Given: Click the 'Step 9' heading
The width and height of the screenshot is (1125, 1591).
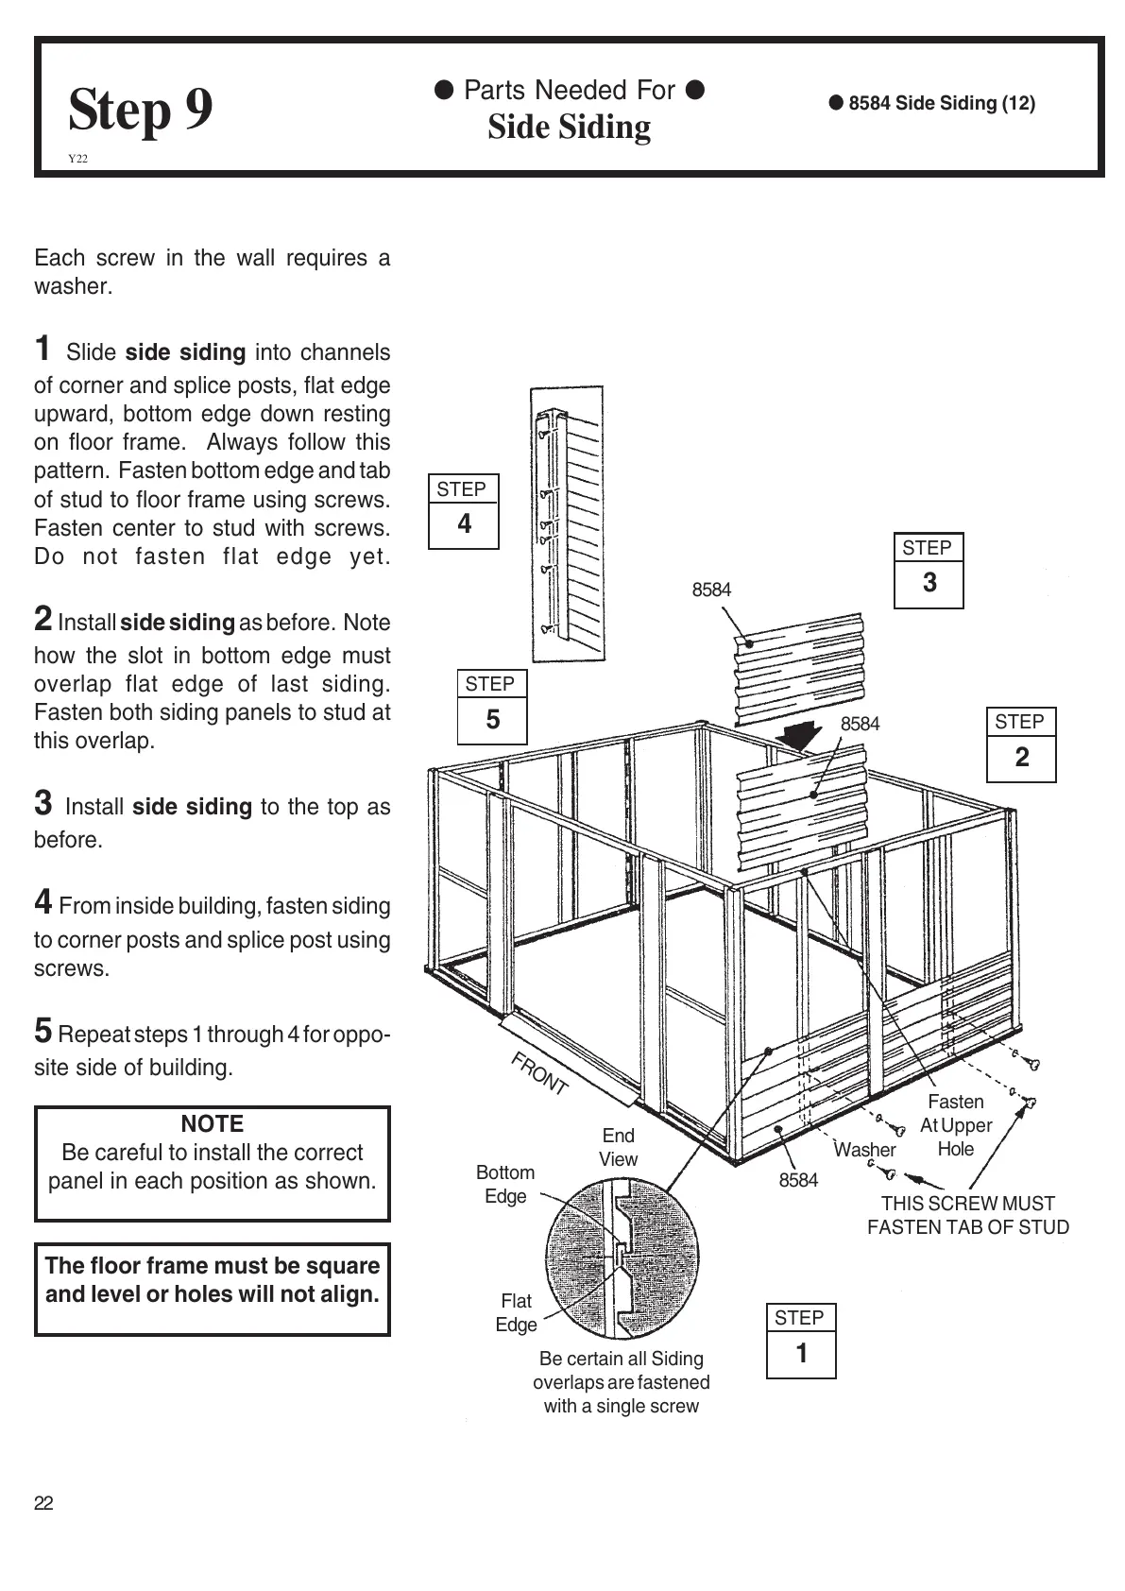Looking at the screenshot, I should pos(141,110).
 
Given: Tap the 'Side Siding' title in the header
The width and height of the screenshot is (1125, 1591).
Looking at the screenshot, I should pos(569,128).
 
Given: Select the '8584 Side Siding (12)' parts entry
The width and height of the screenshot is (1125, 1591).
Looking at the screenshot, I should pos(932,103).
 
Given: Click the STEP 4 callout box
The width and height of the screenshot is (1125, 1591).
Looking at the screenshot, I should pos(463,511).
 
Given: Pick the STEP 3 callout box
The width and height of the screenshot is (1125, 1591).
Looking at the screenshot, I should pos(929,570).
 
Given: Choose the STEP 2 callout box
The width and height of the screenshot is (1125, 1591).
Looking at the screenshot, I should pos(1020,744).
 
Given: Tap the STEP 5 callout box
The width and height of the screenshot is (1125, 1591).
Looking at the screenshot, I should pos(491,707).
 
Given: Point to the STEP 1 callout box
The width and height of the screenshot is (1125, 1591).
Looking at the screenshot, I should pos(800,1342).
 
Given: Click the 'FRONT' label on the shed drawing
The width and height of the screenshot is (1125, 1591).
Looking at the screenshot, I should pos(539,1073).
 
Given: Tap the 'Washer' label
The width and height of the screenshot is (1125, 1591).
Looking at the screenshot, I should pos(864,1150).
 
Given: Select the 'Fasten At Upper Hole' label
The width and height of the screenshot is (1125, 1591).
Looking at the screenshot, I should pos(956,1125).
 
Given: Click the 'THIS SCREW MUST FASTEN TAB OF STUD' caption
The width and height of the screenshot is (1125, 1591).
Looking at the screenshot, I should pos(968,1215).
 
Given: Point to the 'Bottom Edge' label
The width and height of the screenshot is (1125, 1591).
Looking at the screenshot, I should pos(505,1184).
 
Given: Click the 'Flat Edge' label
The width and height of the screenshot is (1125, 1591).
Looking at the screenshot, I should pos(516,1312).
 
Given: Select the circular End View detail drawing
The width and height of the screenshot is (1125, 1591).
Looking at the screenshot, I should pos(622,1257).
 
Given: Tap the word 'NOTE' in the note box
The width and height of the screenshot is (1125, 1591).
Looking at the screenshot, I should pos(213,1123).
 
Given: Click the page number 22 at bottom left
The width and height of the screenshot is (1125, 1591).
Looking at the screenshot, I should pos(43,1503).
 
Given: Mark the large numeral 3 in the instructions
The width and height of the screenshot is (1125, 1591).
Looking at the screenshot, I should pos(43,803).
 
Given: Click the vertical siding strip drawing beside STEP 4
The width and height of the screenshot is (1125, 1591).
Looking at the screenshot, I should pos(567,524).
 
